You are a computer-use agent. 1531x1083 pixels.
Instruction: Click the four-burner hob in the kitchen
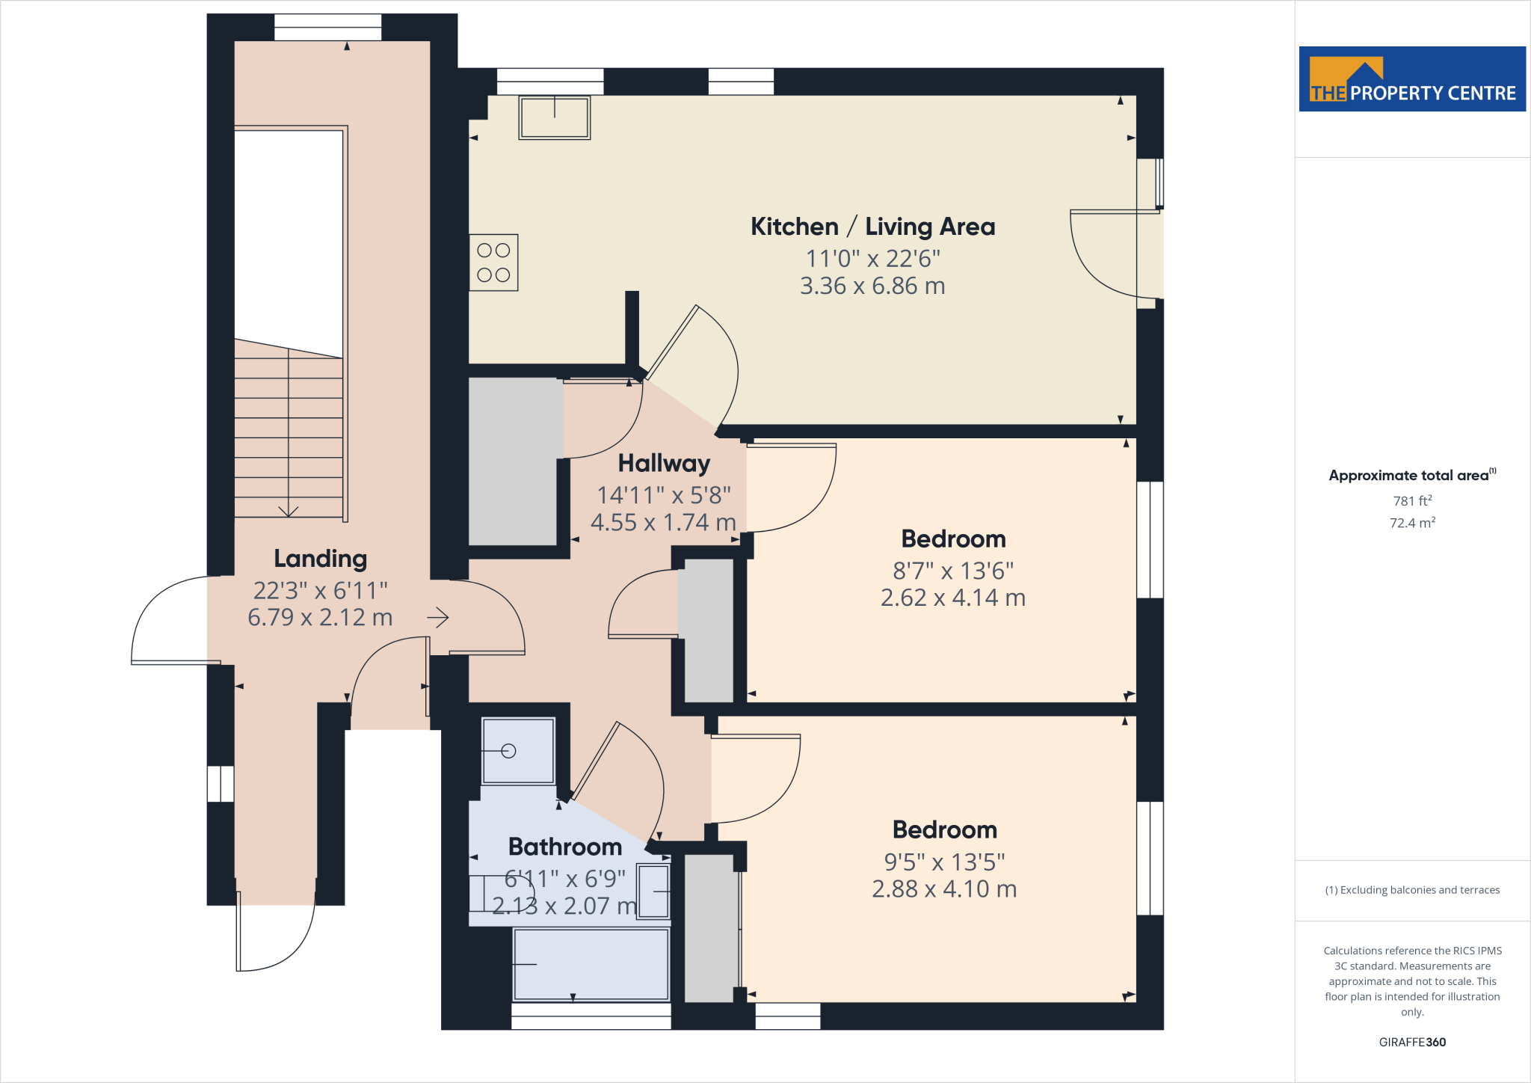pyautogui.click(x=493, y=263)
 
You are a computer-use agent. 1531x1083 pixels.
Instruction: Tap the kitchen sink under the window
pyautogui.click(x=555, y=117)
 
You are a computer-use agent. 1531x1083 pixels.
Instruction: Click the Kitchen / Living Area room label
pyautogui.click(x=872, y=227)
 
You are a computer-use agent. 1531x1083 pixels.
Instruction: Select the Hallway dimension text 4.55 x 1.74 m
pyautogui.click(x=663, y=522)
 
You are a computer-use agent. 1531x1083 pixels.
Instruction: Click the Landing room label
pyautogui.click(x=320, y=559)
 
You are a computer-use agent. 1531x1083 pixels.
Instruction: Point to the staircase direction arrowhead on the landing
pyautogui.click(x=289, y=512)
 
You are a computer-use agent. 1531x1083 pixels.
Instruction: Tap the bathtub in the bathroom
pyautogui.click(x=591, y=964)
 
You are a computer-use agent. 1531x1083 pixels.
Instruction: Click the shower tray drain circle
pyautogui.click(x=509, y=751)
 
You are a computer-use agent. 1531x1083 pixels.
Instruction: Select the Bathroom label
pyautogui.click(x=565, y=847)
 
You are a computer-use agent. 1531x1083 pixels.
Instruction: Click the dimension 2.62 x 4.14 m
pyautogui.click(x=952, y=598)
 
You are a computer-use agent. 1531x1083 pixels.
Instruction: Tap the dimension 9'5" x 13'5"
pyautogui.click(x=944, y=862)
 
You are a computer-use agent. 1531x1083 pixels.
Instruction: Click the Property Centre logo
pyautogui.click(x=1412, y=79)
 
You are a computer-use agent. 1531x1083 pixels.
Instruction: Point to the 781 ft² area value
pyautogui.click(x=1412, y=501)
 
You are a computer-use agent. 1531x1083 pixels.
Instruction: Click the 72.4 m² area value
pyautogui.click(x=1412, y=523)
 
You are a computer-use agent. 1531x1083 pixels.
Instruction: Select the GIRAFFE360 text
pyautogui.click(x=1412, y=1042)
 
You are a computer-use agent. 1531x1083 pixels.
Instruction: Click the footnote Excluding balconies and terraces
pyautogui.click(x=1412, y=890)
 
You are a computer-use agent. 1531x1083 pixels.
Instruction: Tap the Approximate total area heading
pyautogui.click(x=1408, y=476)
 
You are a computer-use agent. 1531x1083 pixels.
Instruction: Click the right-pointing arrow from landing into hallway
pyautogui.click(x=439, y=618)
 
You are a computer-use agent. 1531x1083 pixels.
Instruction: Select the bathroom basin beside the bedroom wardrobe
pyautogui.click(x=653, y=892)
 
